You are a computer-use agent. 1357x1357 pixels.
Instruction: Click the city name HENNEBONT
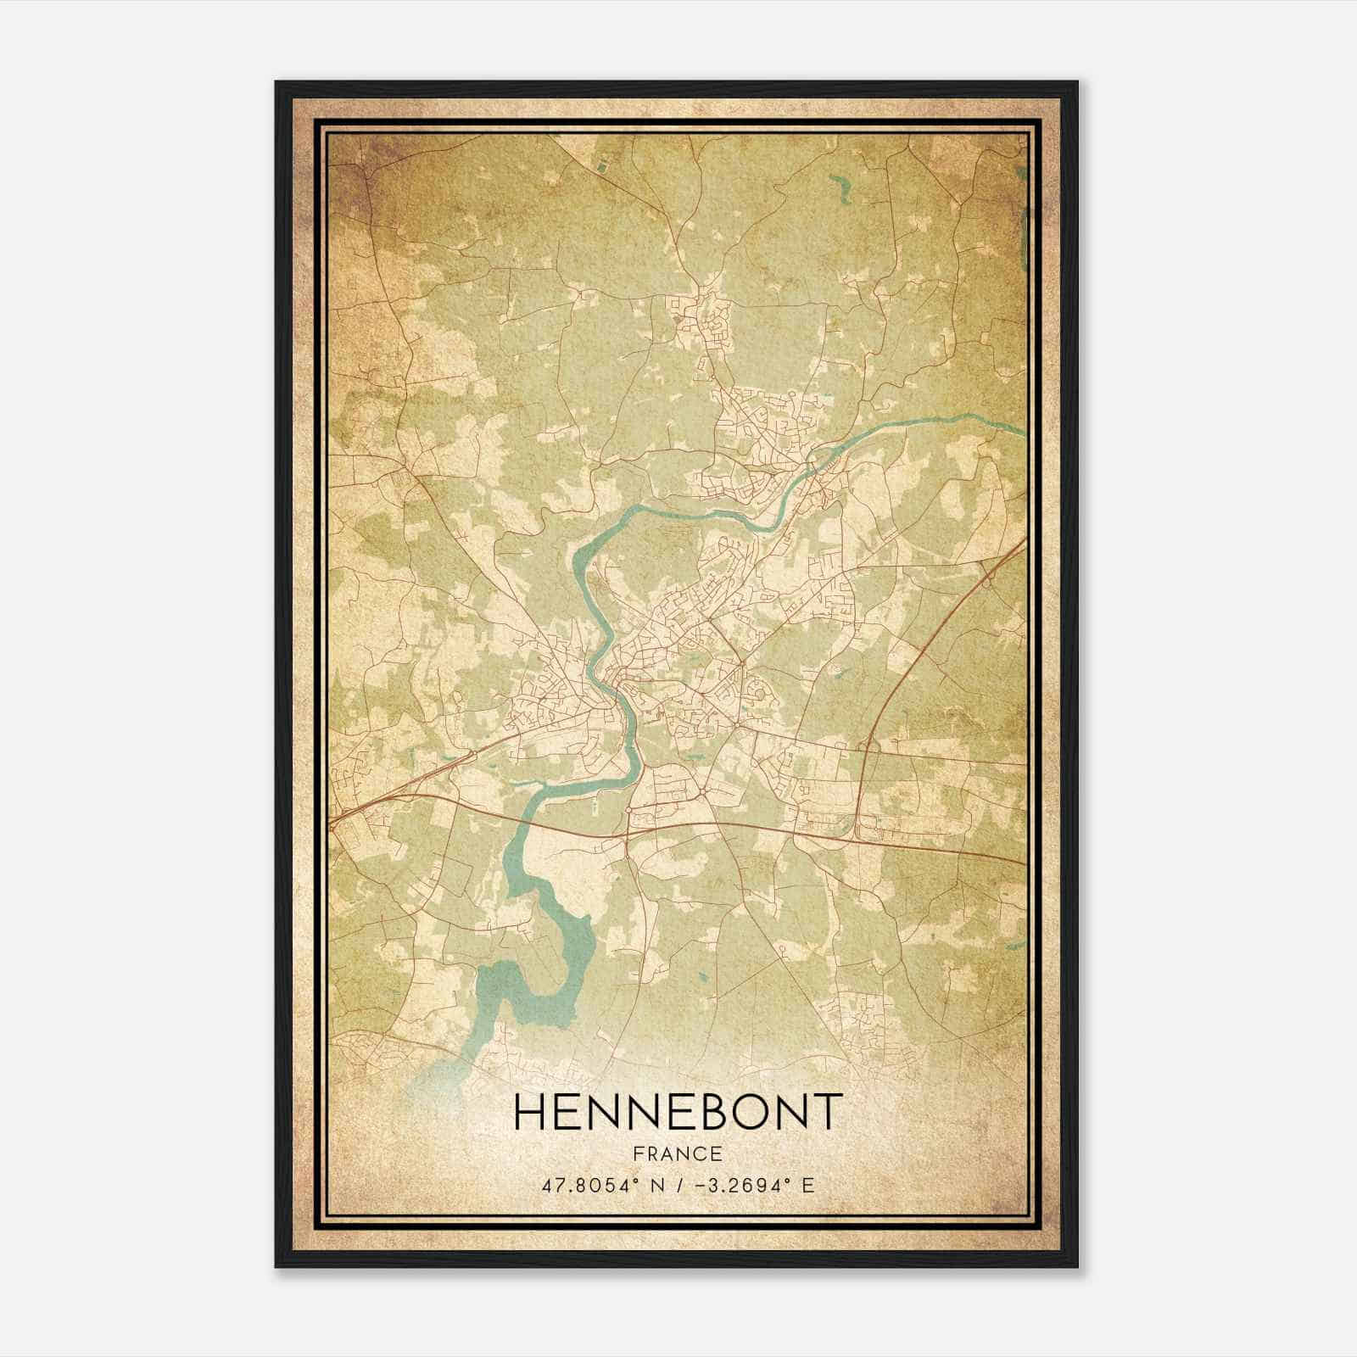click(678, 1112)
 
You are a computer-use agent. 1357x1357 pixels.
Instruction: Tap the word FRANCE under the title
click(678, 1154)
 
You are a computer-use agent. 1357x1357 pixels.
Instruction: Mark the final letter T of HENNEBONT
click(828, 1112)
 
